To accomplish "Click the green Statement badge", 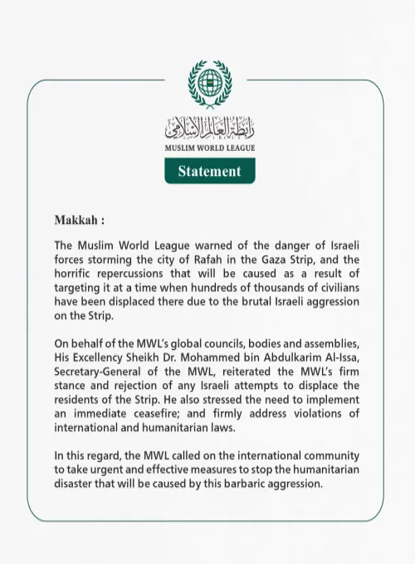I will (209, 171).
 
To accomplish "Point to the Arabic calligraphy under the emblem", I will (209, 128).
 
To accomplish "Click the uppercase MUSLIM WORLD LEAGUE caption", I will (209, 148).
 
